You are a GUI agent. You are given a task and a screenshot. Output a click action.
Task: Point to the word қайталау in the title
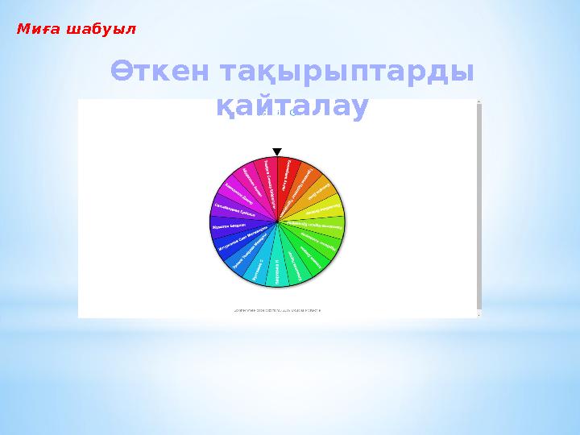click(292, 106)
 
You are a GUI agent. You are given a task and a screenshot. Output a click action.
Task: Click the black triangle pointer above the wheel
click(277, 151)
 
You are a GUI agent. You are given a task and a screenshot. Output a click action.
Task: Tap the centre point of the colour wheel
click(277, 222)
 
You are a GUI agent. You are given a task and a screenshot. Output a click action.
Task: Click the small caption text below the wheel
click(276, 309)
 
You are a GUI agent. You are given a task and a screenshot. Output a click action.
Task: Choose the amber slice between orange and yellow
click(321, 193)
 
